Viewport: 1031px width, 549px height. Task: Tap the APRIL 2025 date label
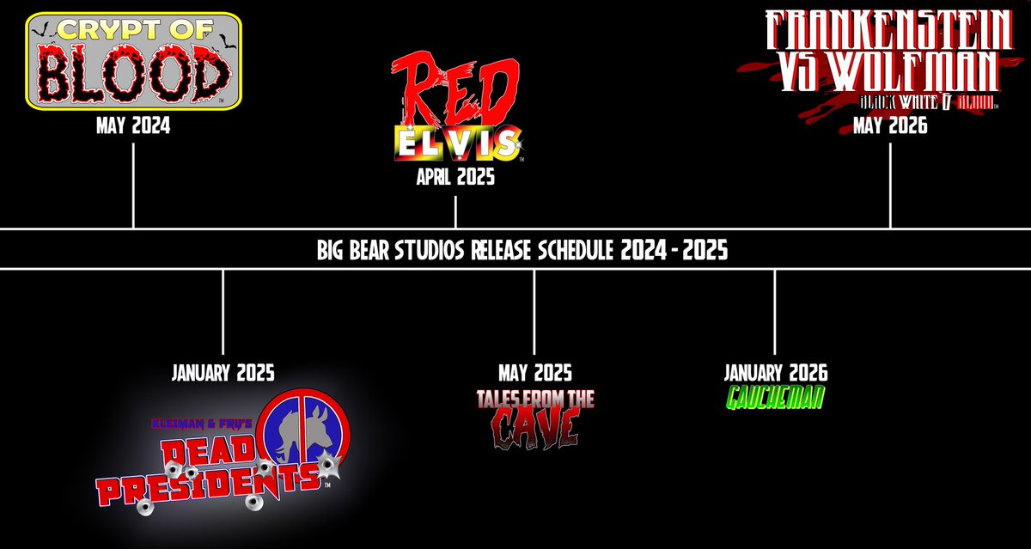(455, 179)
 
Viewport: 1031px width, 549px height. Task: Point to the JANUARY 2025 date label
(223, 373)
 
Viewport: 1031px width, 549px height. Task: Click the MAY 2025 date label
(534, 373)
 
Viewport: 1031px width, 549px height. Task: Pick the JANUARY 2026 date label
(775, 373)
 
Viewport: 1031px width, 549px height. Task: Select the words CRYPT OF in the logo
(133, 34)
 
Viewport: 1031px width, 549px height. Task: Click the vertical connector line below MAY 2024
(133, 185)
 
